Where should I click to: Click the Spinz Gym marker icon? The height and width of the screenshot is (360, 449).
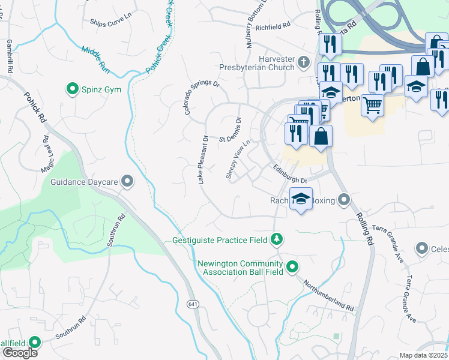73,90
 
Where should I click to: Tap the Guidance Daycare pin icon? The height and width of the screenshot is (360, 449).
127,181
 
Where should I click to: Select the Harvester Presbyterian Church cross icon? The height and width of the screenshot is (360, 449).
304,61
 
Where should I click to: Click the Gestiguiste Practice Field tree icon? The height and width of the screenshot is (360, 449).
277,240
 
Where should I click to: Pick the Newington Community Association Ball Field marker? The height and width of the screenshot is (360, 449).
292,266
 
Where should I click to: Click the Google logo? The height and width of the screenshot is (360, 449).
19,352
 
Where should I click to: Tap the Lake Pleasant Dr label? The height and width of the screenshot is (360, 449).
203,160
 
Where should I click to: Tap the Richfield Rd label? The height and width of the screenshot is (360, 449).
273,27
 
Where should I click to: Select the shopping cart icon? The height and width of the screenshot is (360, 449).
372,105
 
